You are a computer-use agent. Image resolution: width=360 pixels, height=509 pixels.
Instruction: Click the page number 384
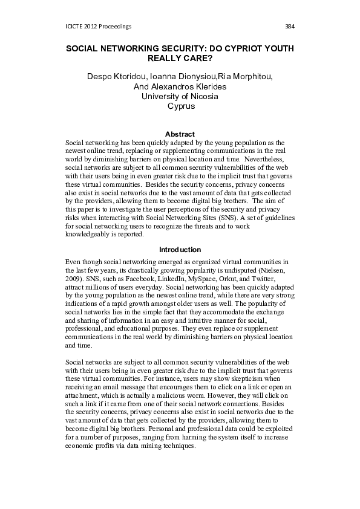click(x=289, y=27)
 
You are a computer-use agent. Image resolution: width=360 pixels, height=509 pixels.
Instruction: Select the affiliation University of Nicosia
click(x=180, y=96)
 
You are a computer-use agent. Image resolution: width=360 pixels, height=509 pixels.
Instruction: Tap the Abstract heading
click(x=180, y=134)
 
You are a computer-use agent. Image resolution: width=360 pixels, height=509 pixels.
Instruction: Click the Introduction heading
click(x=180, y=249)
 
